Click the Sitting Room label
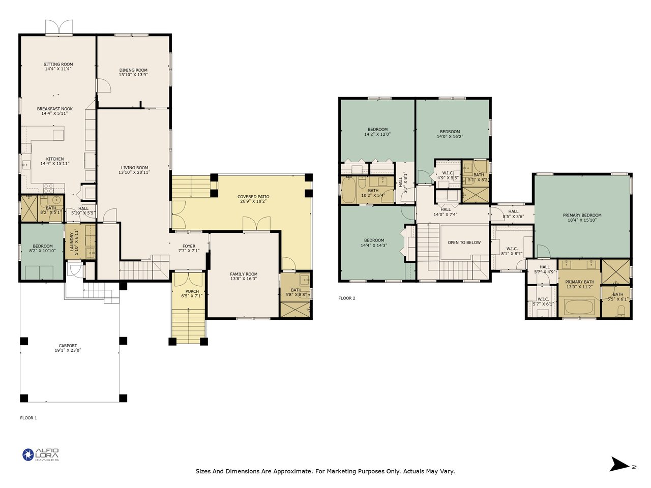[x=58, y=64]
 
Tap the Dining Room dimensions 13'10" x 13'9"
[x=133, y=75]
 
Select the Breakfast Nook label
[x=55, y=109]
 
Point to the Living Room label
[x=134, y=167]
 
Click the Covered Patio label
[x=253, y=196]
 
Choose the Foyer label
[x=189, y=246]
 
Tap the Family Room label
[x=244, y=274]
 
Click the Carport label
[x=68, y=346]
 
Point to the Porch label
[x=192, y=291]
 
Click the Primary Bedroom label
[x=582, y=215]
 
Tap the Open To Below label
[x=464, y=242]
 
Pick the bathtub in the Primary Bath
[x=579, y=307]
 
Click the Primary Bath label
[x=579, y=282]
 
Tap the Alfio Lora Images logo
[x=41, y=455]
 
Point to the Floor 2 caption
[x=347, y=298]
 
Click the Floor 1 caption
[x=28, y=418]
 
